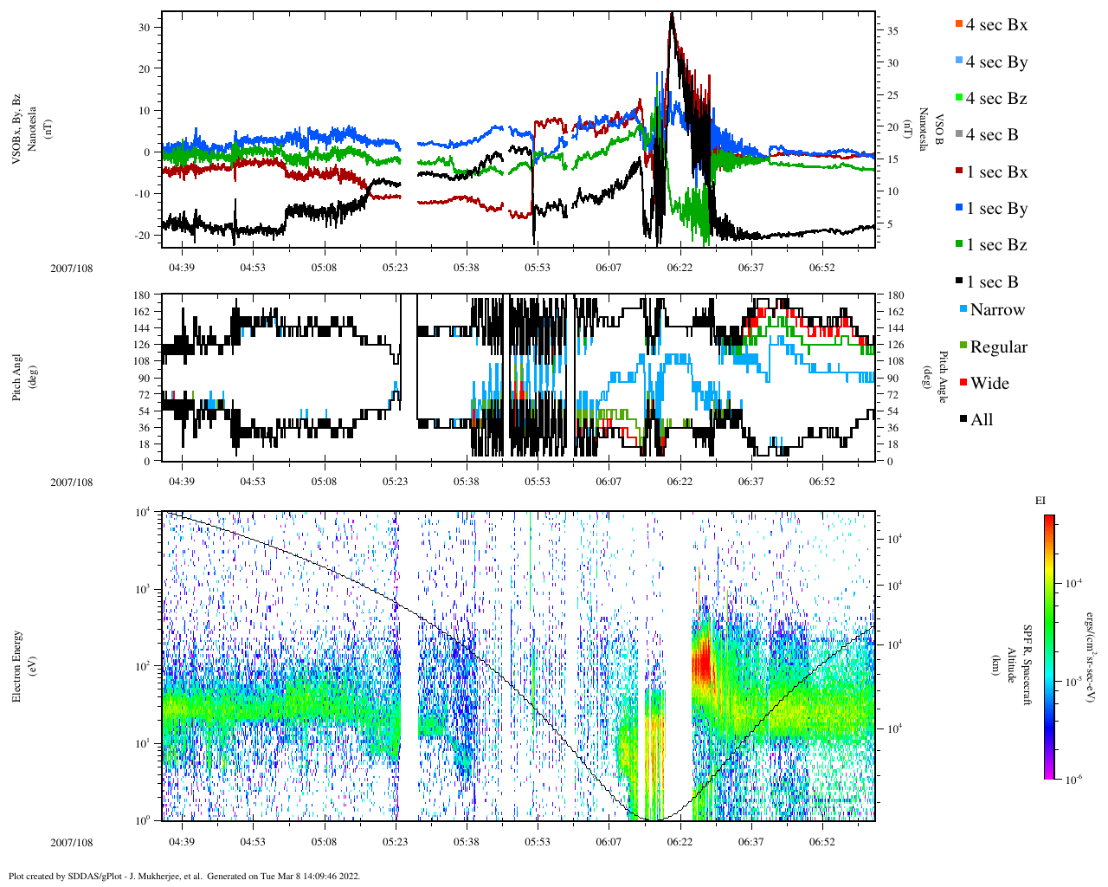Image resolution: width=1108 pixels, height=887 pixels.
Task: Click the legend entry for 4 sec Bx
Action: point(995,25)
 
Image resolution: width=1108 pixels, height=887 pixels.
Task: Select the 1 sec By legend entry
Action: point(995,209)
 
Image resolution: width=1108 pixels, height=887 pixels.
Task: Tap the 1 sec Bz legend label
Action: point(995,245)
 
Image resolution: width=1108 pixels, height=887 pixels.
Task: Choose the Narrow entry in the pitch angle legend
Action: point(996,310)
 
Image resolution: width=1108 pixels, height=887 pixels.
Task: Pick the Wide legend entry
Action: point(989,384)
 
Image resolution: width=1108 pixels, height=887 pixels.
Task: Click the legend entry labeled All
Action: point(981,420)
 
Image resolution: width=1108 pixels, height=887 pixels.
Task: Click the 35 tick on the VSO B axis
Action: point(892,31)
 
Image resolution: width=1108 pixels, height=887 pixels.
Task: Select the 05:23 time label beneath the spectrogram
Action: point(396,842)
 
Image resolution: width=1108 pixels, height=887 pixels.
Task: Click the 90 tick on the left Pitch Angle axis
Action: point(143,378)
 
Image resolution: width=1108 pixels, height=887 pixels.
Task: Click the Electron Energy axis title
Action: point(17,665)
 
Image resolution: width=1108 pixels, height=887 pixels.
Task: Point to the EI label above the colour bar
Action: point(1040,501)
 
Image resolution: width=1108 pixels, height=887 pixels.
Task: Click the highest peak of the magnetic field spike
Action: point(672,14)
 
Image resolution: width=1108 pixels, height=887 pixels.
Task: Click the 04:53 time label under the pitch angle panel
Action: point(253,482)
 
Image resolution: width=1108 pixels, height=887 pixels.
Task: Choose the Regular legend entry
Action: point(997,347)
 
